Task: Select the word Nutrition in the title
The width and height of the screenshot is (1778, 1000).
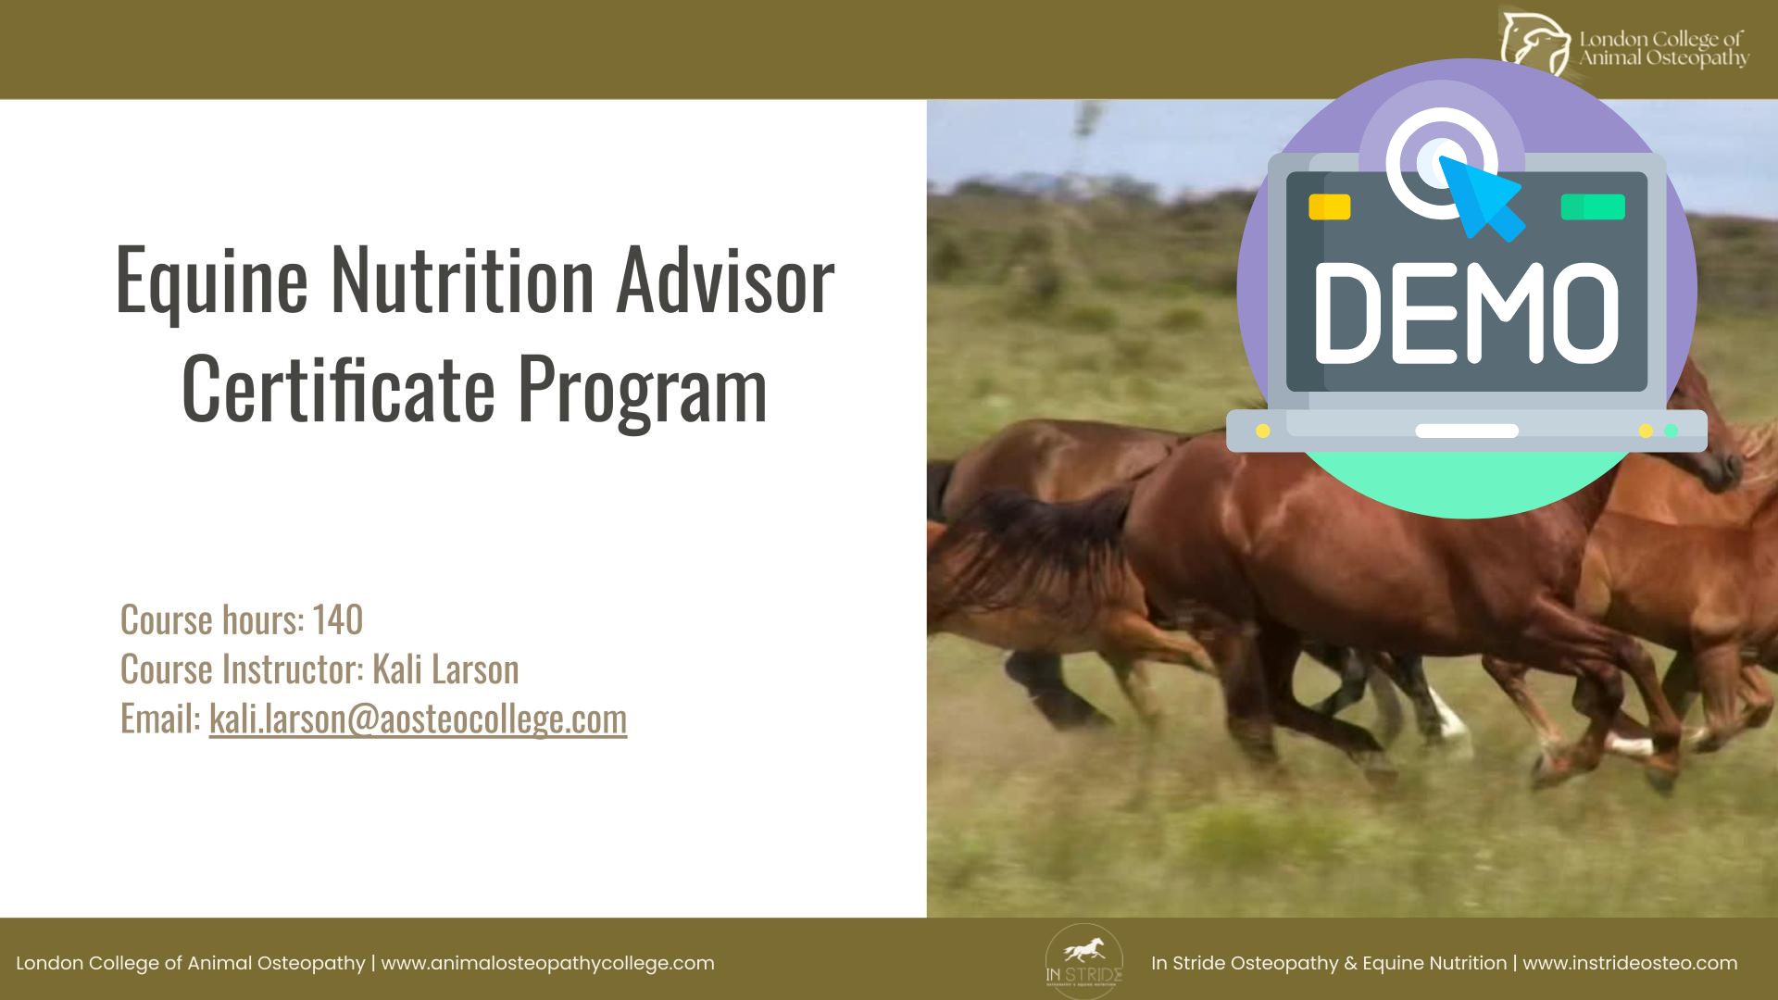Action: tap(463, 280)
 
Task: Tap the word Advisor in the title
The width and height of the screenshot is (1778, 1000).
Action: tap(726, 280)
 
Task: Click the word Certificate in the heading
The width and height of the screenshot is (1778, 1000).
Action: tap(338, 389)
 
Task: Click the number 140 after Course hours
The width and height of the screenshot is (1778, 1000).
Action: tap(337, 619)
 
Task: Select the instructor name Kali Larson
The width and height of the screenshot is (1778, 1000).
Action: tap(445, 669)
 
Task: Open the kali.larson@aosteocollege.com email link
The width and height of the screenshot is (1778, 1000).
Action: tap(418, 719)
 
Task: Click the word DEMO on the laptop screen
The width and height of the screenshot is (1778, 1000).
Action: tap(1466, 313)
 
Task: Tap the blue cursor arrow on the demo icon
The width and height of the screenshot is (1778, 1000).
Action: tap(1482, 198)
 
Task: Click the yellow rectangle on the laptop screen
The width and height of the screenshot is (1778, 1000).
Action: tap(1329, 206)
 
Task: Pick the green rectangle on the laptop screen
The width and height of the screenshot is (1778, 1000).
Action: tap(1593, 206)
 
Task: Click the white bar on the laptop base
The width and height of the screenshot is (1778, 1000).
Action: tap(1467, 431)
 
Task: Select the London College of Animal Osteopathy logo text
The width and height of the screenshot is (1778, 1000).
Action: tap(1663, 48)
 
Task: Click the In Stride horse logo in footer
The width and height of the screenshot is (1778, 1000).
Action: tap(1084, 961)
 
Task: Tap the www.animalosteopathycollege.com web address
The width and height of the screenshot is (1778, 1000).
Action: tap(548, 963)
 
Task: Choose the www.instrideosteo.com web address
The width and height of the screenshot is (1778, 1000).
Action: tap(1630, 963)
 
